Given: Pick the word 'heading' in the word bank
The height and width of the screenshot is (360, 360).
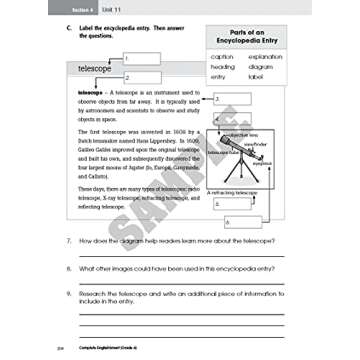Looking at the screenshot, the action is click(x=223, y=66).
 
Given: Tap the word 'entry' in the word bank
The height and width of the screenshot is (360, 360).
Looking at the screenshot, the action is click(x=219, y=76).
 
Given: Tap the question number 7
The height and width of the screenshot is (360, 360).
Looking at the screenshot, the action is click(x=68, y=241).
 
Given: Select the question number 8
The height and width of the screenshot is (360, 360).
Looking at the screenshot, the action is click(x=68, y=267).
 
